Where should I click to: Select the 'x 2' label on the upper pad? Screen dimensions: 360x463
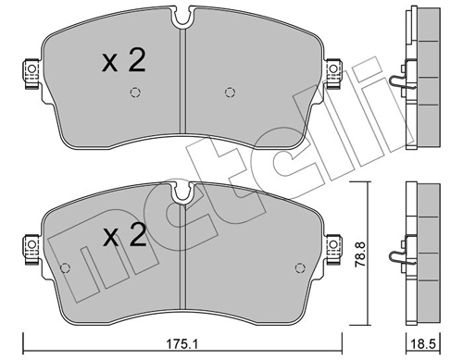(123, 62)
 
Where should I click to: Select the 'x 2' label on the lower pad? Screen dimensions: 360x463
(123, 238)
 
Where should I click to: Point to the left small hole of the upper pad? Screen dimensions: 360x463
(135, 91)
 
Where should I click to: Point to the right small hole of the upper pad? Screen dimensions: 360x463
(230, 91)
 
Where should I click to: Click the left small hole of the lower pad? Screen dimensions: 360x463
(64, 267)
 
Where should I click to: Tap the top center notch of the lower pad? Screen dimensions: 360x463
(182, 192)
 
